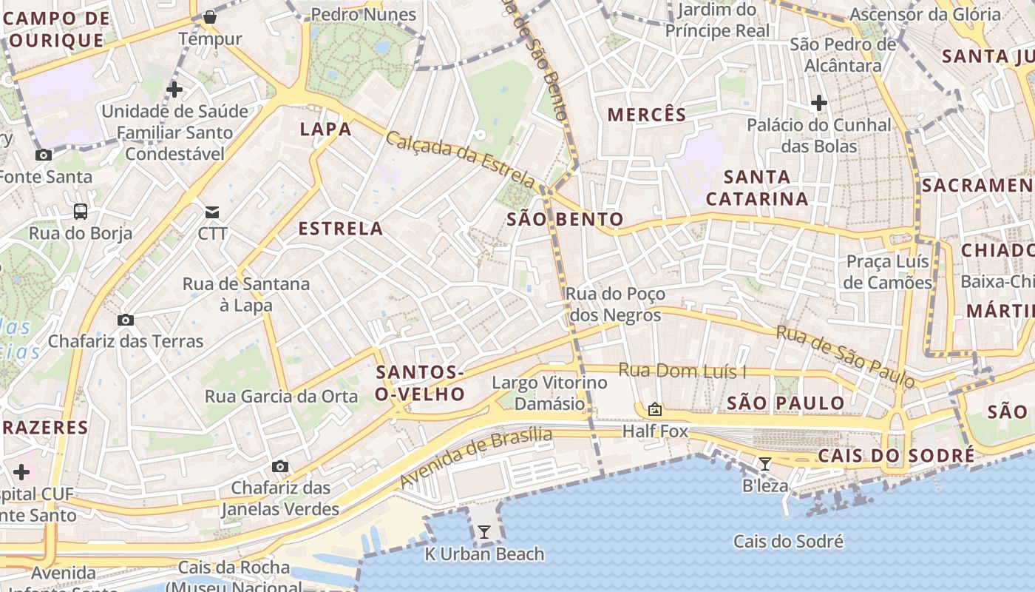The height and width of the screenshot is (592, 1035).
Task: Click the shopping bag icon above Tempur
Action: point(210,16)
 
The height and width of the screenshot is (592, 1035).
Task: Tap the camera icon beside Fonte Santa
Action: point(44,155)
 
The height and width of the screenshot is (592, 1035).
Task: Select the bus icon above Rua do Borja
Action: point(81,212)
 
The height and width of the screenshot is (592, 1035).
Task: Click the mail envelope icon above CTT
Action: point(212,212)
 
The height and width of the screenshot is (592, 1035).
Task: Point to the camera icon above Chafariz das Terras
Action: point(126,320)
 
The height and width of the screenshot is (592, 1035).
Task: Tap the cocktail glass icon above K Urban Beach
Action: point(483,531)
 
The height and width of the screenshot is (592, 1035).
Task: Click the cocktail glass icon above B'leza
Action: point(765,464)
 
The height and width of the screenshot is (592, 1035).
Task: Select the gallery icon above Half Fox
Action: point(655,408)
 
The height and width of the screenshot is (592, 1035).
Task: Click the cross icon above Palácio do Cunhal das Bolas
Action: point(818,103)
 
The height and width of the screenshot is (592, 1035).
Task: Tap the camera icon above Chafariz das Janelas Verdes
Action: point(279,466)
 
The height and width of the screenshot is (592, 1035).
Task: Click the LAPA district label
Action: point(325,129)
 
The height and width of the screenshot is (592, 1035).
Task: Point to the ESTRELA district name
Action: point(341,229)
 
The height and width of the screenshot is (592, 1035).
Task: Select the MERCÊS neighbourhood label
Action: point(647,115)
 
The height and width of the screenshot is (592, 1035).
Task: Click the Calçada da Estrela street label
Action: point(460,159)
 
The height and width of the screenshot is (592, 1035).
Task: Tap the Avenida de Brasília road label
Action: point(476,457)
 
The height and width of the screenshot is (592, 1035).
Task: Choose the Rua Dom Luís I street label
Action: point(682,370)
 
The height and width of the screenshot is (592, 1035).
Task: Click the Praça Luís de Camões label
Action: point(888,272)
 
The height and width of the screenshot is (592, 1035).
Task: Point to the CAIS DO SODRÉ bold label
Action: point(895,456)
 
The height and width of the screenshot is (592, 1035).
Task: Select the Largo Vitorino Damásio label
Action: point(549,393)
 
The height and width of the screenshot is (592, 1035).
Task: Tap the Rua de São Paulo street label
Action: point(845,357)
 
